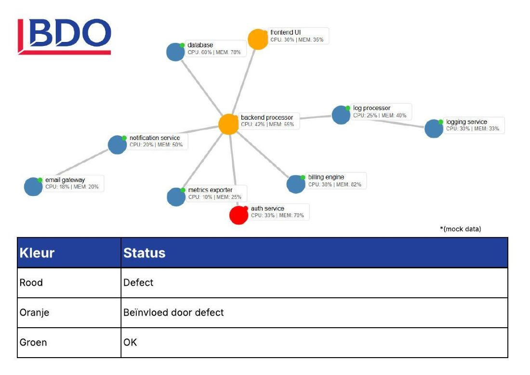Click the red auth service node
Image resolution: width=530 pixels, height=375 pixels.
[x=239, y=215]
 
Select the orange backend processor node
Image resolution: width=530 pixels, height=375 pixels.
[x=228, y=124]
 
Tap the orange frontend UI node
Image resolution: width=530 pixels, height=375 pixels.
[x=258, y=39]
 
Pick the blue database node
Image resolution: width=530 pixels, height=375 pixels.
[x=176, y=52]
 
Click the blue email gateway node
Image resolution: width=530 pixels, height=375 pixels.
[x=33, y=186]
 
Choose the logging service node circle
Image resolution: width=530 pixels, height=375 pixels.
[x=434, y=128]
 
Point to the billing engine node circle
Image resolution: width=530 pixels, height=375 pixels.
[x=296, y=184]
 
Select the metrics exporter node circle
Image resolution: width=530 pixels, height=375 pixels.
[x=176, y=196]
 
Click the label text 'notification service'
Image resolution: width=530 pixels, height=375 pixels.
[x=155, y=138]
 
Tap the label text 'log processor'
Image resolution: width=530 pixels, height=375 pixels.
[x=371, y=108]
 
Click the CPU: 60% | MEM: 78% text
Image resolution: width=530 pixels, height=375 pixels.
[x=214, y=52]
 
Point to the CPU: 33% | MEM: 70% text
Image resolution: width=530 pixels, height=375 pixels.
[x=277, y=215]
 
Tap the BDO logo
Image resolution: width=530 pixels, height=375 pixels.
[x=64, y=36]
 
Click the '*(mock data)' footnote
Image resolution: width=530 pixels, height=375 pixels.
[x=460, y=229]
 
